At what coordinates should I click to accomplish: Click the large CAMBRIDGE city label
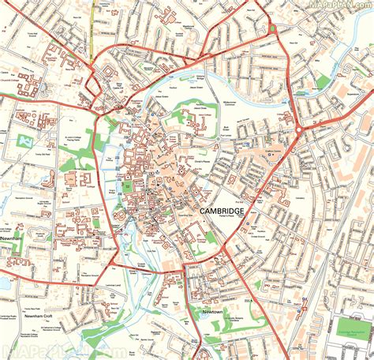coord(222,212)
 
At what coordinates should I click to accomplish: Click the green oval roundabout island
coord(273,28)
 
